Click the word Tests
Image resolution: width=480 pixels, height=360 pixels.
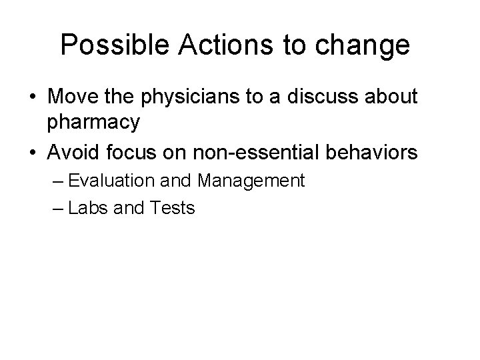click(x=171, y=208)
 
